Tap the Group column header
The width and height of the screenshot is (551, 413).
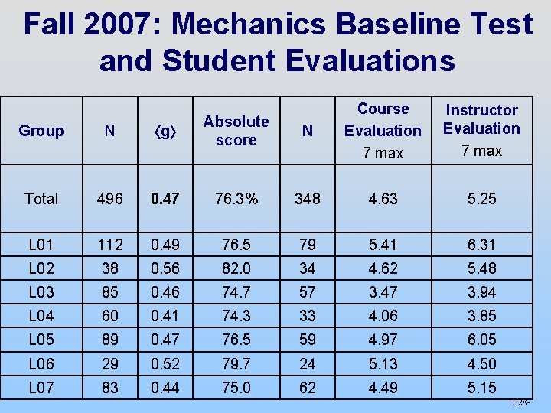pyautogui.click(x=41, y=131)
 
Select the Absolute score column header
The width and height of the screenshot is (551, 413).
pyautogui.click(x=236, y=131)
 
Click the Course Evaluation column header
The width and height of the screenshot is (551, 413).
pyautogui.click(x=383, y=130)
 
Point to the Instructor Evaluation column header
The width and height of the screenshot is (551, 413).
pyautogui.click(x=482, y=130)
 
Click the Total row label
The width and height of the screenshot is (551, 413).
pyautogui.click(x=41, y=199)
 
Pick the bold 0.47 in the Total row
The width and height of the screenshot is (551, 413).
pyautogui.click(x=165, y=199)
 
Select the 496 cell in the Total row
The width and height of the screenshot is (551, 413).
pyautogui.click(x=110, y=199)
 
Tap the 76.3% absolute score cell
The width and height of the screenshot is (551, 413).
pyautogui.click(x=236, y=199)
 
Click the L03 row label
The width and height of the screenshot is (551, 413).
pyautogui.click(x=41, y=292)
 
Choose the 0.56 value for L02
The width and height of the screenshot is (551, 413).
pyautogui.click(x=165, y=268)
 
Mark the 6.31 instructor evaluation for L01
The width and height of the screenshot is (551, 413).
pyautogui.click(x=482, y=245)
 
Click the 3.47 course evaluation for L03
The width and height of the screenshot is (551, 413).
pyautogui.click(x=383, y=292)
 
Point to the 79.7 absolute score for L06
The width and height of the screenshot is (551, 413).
pyautogui.click(x=236, y=363)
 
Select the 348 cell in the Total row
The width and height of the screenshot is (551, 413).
pyautogui.click(x=308, y=199)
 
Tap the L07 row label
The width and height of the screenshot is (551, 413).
pyautogui.click(x=41, y=388)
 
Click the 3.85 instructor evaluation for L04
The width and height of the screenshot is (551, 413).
pyautogui.click(x=482, y=316)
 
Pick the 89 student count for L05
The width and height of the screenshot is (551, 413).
pyautogui.click(x=110, y=340)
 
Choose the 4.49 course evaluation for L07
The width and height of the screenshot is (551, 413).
pyautogui.click(x=383, y=388)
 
